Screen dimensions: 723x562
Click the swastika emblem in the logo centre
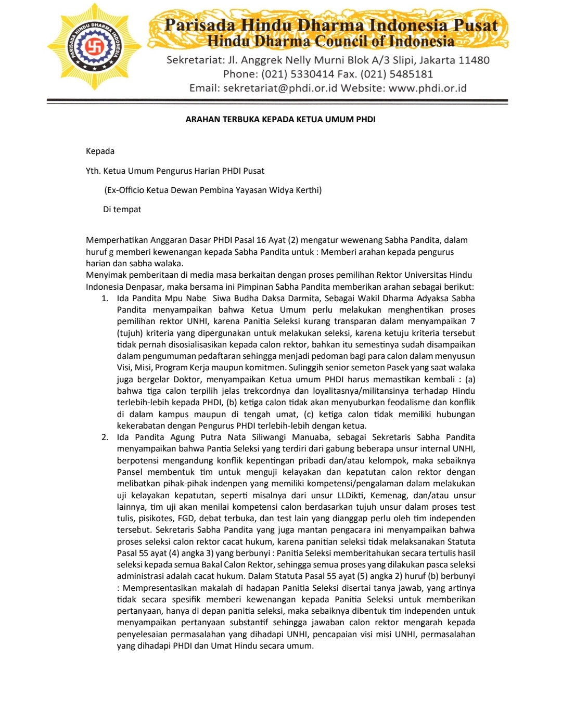94,47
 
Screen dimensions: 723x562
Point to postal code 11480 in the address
474,60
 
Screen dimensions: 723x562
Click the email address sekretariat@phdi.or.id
280,88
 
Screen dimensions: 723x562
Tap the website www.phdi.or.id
427,88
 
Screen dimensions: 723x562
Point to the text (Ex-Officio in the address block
124,190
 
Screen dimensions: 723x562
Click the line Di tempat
122,209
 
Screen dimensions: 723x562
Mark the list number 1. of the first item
105,298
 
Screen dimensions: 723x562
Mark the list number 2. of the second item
105,437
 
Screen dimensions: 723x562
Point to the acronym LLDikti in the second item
350,495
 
